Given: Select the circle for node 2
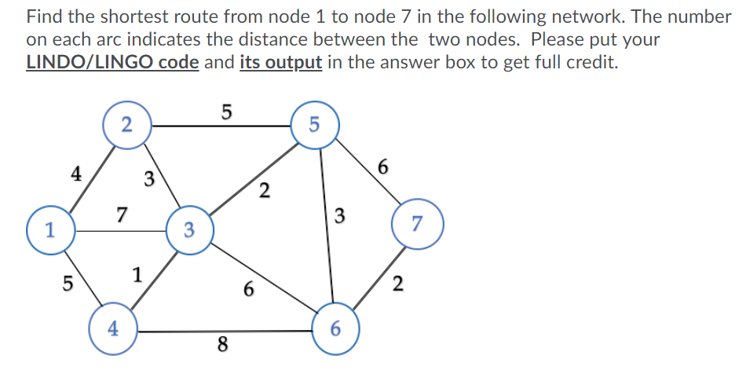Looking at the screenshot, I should (x=126, y=124).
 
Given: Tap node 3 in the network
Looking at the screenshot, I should (x=188, y=230).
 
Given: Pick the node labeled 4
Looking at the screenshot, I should (x=113, y=329).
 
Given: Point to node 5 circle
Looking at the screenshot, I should (x=314, y=123).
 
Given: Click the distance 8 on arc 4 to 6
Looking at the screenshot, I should (x=223, y=344).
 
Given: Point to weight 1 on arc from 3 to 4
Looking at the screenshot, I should (x=137, y=275).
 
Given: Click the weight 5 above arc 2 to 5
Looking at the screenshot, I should (x=226, y=112).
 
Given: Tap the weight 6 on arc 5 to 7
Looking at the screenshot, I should (x=382, y=166).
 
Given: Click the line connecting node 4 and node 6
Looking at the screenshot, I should (x=228, y=331).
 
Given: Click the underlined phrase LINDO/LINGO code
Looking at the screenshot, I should (x=112, y=63).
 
